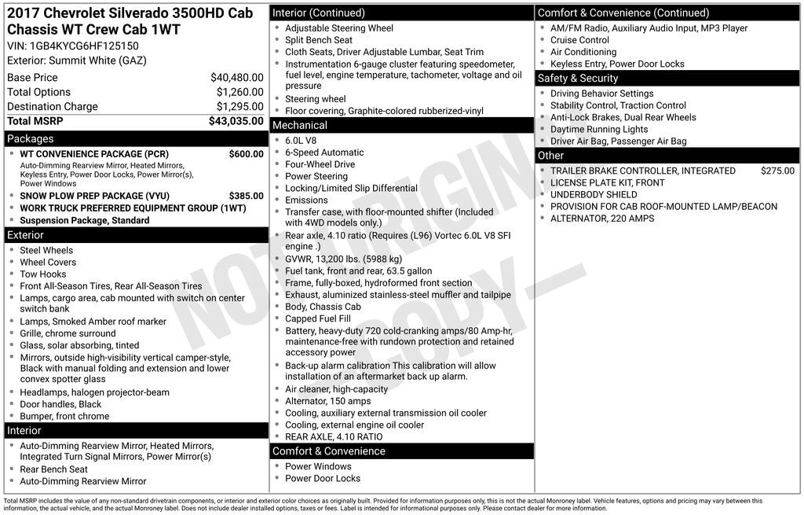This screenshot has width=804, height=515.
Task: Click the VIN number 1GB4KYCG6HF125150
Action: point(84,46)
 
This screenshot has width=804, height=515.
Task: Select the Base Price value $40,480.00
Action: point(236,78)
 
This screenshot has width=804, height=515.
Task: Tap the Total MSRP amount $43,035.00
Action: point(236,121)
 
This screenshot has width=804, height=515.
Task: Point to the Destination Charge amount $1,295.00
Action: point(239,107)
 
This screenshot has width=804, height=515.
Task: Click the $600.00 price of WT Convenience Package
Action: point(246,154)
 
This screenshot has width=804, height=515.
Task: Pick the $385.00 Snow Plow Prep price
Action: point(246,196)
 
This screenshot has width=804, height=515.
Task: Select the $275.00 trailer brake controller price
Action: point(777,171)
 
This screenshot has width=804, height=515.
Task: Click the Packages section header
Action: point(31,139)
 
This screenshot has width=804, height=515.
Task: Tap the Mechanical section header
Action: point(300,125)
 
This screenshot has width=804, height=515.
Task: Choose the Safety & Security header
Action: point(578,78)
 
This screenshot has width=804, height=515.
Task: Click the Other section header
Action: point(551,156)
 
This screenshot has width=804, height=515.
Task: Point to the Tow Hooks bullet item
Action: point(43,274)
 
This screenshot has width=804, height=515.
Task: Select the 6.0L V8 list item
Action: point(301,141)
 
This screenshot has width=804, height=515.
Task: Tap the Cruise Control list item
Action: point(579,40)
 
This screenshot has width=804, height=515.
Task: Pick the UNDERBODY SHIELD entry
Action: point(594,194)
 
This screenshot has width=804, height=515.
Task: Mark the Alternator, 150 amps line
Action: point(327,401)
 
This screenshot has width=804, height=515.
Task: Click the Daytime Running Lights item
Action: point(599,129)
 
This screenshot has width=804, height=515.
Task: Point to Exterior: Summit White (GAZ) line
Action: point(77,61)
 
